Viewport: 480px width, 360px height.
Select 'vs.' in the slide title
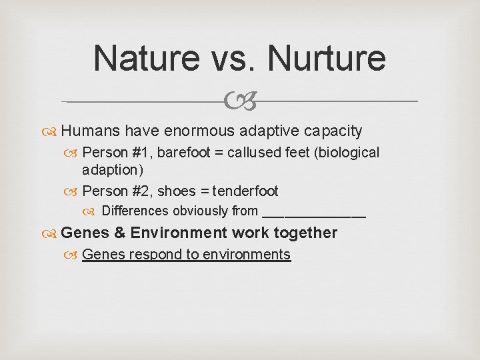(x=237, y=58)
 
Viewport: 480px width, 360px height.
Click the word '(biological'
(x=345, y=152)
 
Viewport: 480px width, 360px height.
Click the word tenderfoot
(x=245, y=191)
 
